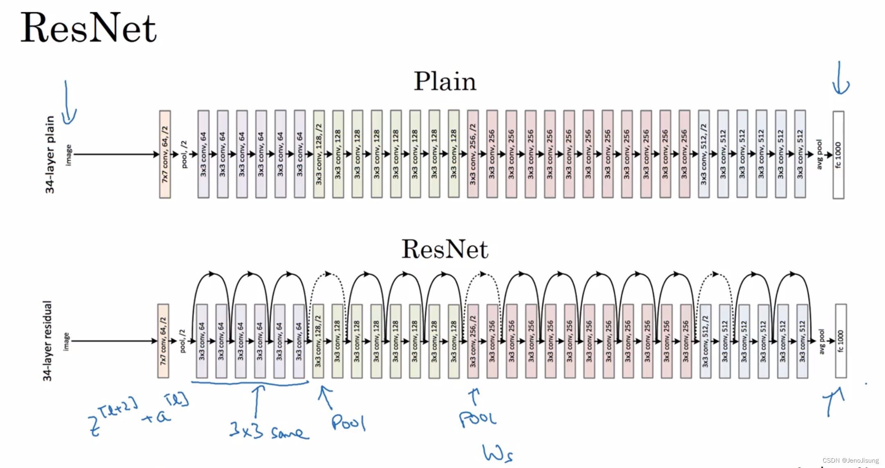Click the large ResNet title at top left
88,28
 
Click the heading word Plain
445,81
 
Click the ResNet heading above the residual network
445,249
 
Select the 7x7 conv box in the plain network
165,154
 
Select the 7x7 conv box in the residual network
163,341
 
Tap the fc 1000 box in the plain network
838,155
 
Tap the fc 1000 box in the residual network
841,341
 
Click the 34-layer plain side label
50,154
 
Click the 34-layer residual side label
48,341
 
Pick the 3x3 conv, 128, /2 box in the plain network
319,154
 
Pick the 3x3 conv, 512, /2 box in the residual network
705,341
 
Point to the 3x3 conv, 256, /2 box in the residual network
473,341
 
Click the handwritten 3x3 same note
268,431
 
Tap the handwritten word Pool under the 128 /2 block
348,422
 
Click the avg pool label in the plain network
819,154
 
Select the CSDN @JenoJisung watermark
850,461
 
